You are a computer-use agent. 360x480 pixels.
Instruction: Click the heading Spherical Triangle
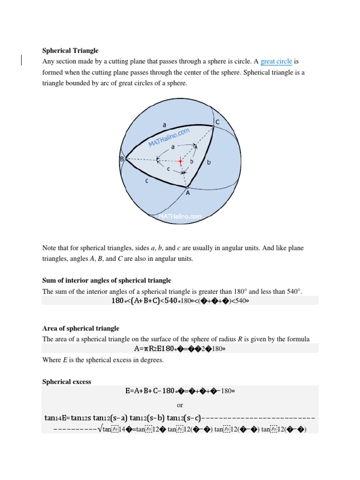70,50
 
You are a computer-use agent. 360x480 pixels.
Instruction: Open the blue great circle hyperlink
276,61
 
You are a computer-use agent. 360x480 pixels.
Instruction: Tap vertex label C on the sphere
217,122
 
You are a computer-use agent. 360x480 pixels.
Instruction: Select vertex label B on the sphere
121,160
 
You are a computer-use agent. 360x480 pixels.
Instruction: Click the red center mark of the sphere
180,161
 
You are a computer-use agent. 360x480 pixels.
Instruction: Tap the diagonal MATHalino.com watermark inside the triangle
169,138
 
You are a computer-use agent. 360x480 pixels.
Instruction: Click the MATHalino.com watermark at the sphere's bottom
180,217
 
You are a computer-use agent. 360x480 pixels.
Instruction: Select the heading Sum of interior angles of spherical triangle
106,280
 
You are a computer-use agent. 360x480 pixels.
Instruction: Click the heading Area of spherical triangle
81,328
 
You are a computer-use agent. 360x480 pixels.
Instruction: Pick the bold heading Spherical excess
67,382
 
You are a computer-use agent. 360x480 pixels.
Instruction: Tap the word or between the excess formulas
180,405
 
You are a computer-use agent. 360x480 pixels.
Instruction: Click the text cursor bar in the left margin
22,60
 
